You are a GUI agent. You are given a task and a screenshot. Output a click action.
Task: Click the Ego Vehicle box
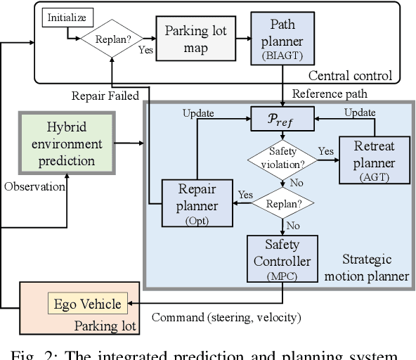[x=89, y=304]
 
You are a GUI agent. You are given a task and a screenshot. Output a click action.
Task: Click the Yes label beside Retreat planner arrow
[x=325, y=151]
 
